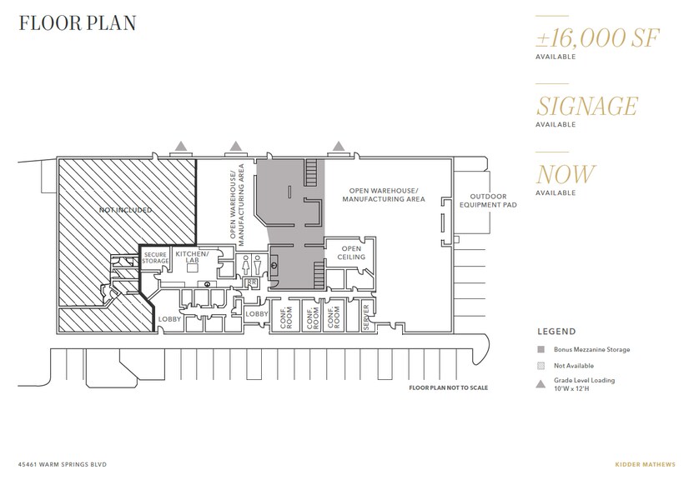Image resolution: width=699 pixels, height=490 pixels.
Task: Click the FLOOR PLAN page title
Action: (x=76, y=23)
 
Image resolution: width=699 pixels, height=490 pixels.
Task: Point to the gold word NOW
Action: (x=566, y=175)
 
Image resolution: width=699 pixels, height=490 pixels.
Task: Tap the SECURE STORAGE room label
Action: (x=156, y=257)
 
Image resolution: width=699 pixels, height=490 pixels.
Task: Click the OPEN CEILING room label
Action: (x=350, y=252)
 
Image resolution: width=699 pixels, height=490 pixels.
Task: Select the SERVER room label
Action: (x=366, y=316)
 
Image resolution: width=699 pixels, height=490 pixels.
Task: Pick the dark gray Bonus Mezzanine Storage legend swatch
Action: (x=541, y=350)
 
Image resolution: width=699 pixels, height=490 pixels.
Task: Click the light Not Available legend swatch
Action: (x=541, y=366)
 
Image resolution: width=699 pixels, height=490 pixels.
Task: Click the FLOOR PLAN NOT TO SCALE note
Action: (x=448, y=388)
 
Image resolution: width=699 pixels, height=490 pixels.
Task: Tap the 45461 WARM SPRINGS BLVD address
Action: (x=63, y=463)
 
